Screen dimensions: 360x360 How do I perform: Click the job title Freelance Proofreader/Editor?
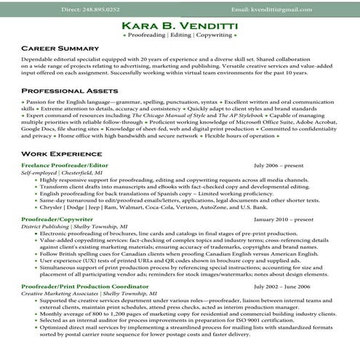click(x=65, y=167)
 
